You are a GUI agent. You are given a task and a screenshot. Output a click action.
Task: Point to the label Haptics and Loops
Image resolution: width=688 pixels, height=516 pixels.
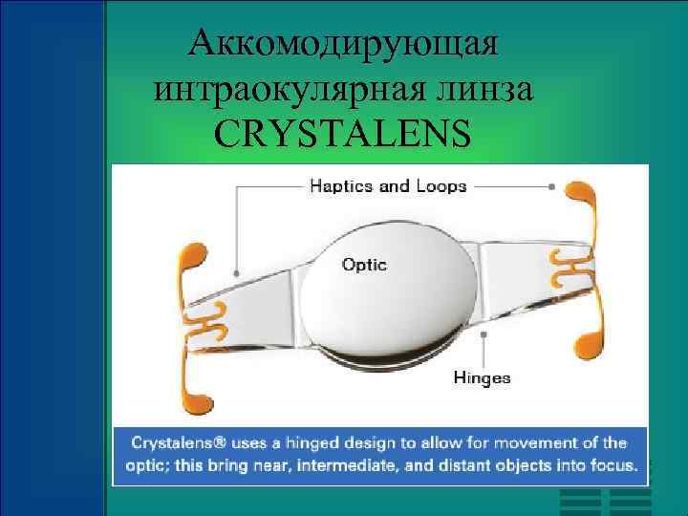coord(388,185)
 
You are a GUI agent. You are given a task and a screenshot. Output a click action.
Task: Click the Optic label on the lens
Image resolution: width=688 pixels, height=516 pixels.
coord(364,265)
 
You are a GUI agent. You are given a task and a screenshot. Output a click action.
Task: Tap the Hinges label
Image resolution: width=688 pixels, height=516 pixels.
coord(482,377)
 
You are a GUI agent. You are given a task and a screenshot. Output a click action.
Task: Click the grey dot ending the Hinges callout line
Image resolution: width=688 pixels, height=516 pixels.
coord(486,334)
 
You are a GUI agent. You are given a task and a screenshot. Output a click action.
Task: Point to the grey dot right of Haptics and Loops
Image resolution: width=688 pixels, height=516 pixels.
coord(552,185)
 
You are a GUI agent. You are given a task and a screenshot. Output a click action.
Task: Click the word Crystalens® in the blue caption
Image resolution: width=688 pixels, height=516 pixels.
coord(174,443)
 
